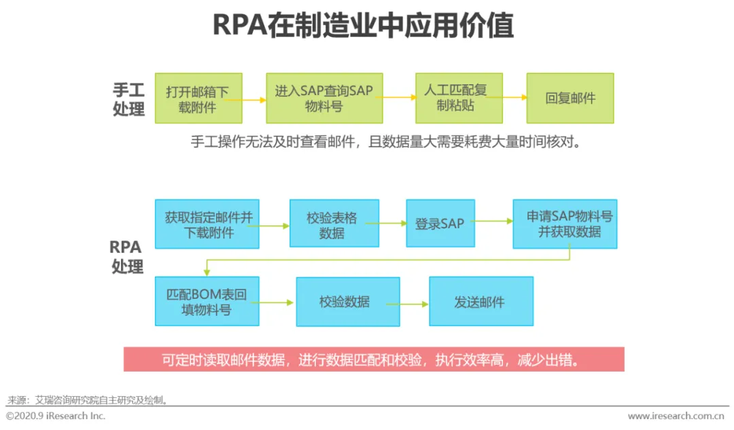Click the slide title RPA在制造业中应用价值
tap(364, 25)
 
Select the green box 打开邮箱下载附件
tap(197, 98)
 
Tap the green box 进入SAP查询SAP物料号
tap(324, 98)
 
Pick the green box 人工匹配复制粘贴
tap(459, 98)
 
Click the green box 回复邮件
tap(570, 98)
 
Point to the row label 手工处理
tap(129, 99)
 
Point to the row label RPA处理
tap(127, 257)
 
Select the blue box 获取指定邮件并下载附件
tap(207, 224)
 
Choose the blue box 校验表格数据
tap(334, 223)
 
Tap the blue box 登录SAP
tap(440, 223)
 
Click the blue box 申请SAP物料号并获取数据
tap(564, 224)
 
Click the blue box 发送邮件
tap(480, 302)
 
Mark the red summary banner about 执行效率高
tap(373, 359)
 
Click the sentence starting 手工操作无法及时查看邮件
tap(386, 143)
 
